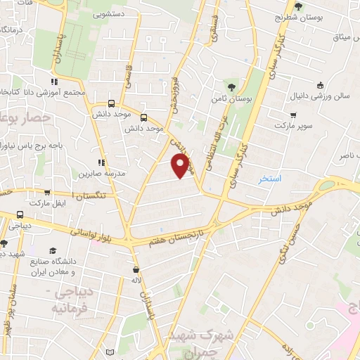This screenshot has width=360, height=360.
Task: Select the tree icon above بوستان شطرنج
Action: point(299,6)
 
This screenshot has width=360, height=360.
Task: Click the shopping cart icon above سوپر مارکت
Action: point(292,115)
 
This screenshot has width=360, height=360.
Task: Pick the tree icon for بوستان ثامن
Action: point(231,87)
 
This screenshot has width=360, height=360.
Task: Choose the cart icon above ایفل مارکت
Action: point(47,193)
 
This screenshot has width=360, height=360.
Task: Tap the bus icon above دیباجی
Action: point(19,215)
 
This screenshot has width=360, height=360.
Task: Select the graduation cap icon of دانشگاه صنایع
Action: point(53,250)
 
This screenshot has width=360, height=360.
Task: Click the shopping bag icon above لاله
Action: point(136,269)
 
